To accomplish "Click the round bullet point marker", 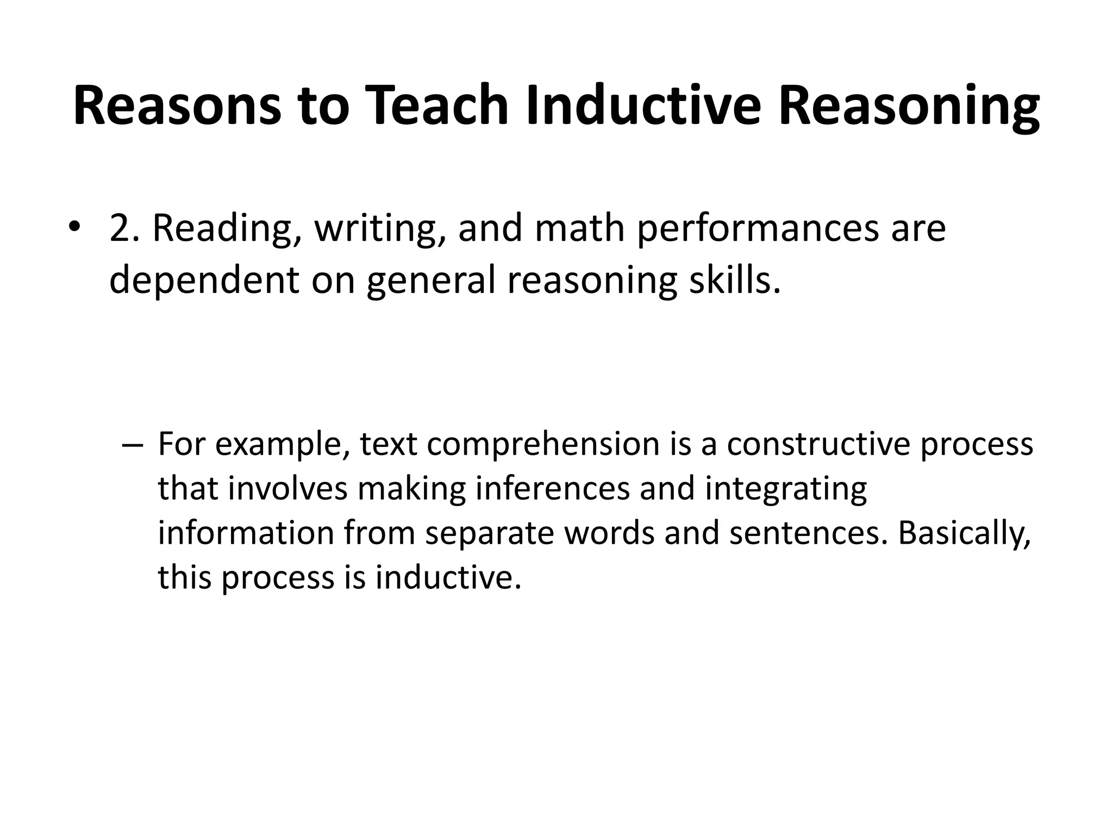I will click(74, 227).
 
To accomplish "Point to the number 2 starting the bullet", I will click(120, 228).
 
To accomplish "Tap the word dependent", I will click(204, 281).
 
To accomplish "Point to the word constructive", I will click(818, 444).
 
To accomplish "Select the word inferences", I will click(552, 488).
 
